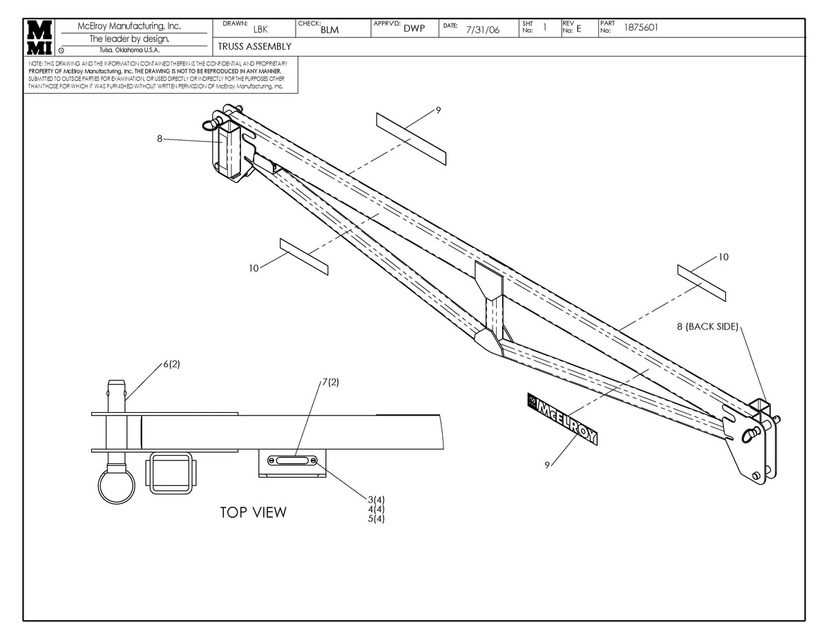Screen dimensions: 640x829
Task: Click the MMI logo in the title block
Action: [x=39, y=37]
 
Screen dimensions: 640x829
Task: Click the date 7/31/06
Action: [x=482, y=30]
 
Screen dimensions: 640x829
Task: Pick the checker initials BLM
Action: [x=330, y=30]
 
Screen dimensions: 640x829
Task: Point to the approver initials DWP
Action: [x=414, y=28]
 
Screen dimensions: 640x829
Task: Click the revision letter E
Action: [x=579, y=28]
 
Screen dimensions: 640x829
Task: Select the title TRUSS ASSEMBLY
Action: [x=254, y=46]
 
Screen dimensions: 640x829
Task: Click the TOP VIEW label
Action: [x=253, y=512]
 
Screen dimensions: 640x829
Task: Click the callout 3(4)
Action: [x=376, y=499]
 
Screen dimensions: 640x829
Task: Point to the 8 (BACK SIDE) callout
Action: [x=707, y=326]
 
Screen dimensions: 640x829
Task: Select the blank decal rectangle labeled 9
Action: [x=411, y=138]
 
